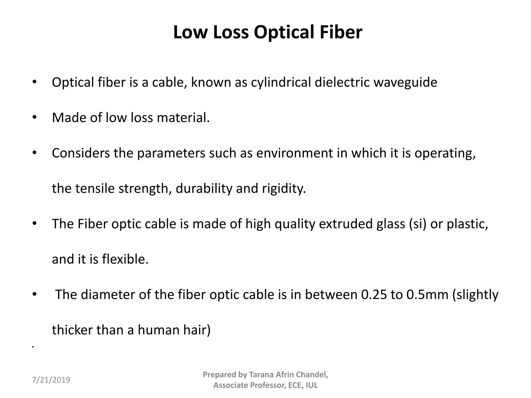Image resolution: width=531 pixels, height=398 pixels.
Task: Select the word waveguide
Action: [x=405, y=82]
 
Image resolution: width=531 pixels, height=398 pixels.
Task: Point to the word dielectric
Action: [x=342, y=82]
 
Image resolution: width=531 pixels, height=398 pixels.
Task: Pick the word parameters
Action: [x=171, y=153]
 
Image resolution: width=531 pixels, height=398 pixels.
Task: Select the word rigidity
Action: [x=284, y=188]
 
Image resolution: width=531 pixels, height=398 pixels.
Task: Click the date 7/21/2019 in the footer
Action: [x=51, y=380]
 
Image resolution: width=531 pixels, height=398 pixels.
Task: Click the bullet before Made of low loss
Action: [x=34, y=118]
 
